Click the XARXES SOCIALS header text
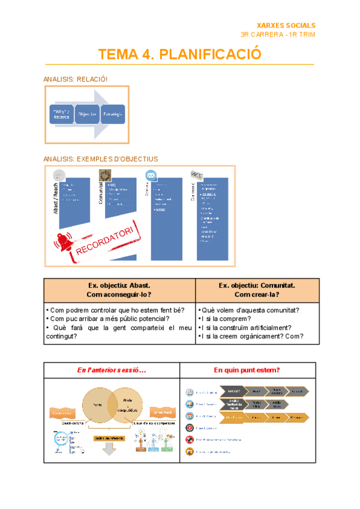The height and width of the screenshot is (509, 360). [286, 25]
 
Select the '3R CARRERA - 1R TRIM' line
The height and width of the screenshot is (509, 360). [277, 35]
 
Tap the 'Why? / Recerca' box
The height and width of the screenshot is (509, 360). [61, 114]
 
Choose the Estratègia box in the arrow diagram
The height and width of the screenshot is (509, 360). [113, 114]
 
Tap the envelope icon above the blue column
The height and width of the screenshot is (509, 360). [151, 175]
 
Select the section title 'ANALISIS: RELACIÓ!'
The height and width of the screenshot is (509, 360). [76, 79]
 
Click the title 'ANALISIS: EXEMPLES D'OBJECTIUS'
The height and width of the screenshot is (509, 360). [101, 159]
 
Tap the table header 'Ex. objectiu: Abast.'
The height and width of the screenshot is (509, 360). [119, 286]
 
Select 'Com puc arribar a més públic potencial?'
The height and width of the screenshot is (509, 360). [110, 319]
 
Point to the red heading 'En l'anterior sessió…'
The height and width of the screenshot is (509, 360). [112, 370]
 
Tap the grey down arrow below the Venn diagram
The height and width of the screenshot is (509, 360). [108, 448]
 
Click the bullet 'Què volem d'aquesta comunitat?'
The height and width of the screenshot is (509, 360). [249, 310]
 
